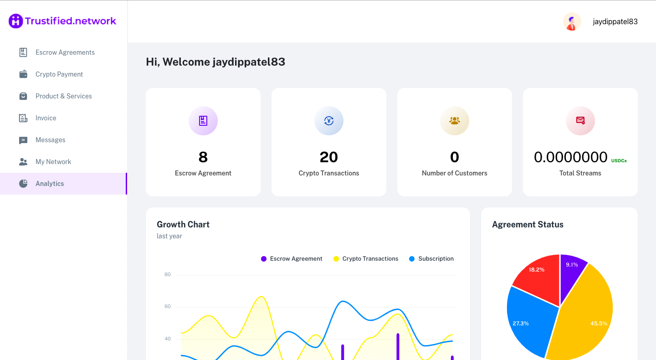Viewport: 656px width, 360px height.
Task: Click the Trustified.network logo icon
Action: [15, 21]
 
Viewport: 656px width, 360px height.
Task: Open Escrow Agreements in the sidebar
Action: [65, 52]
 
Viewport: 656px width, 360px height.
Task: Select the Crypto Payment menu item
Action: [59, 74]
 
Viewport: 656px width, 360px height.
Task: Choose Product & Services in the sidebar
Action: [63, 96]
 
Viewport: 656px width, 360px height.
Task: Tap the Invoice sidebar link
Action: [46, 118]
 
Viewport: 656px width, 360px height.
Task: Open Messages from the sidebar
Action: [50, 140]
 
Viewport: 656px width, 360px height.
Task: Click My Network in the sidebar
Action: [53, 162]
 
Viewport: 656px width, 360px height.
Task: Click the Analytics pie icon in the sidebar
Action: [23, 184]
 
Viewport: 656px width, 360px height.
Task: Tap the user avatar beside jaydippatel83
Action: [572, 21]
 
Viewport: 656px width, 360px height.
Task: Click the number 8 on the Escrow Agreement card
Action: [203, 157]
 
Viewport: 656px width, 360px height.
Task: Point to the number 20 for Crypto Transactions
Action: [329, 157]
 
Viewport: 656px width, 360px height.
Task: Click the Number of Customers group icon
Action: [455, 121]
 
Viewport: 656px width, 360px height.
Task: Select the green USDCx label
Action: [619, 161]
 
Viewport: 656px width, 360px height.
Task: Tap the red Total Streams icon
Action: [580, 121]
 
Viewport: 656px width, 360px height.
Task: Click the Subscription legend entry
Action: [431, 259]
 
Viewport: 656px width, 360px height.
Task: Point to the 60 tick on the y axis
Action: [168, 307]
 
